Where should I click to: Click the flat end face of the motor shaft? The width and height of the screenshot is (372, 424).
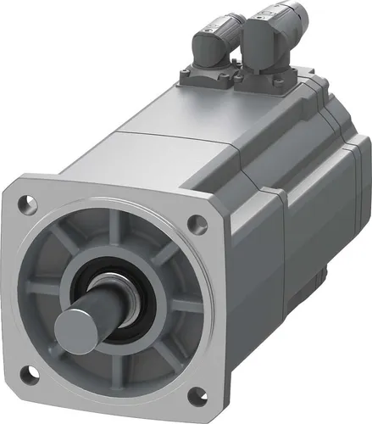click(75, 326)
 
